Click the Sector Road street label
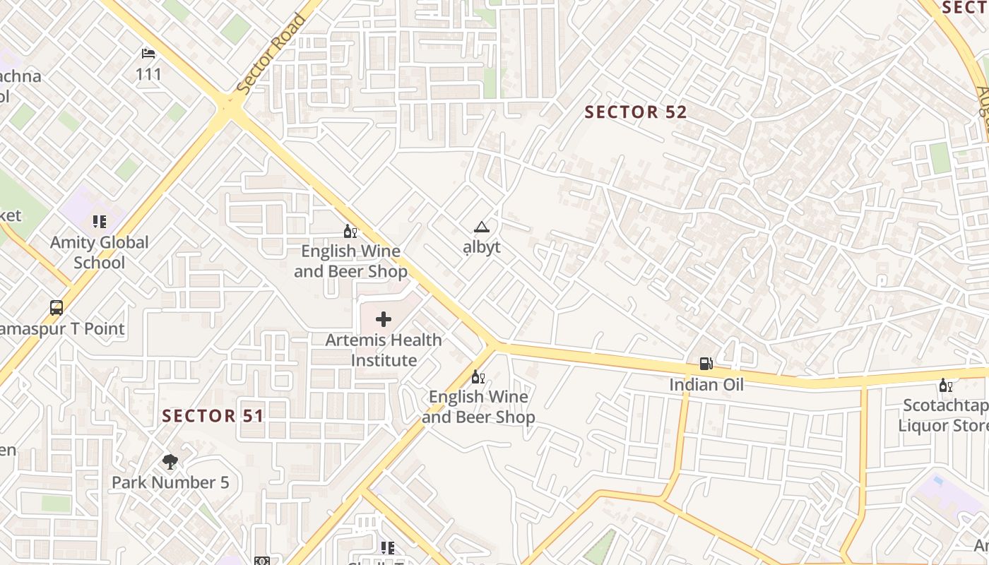[271, 54]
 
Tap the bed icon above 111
[148, 54]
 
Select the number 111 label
[149, 74]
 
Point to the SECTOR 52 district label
[636, 112]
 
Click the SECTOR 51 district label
[213, 415]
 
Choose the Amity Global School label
[100, 252]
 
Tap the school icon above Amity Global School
[100, 222]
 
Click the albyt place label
[482, 246]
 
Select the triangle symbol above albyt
[482, 227]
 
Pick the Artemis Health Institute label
[384, 350]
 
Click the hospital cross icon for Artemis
[384, 319]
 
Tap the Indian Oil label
[706, 385]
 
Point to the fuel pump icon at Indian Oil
[706, 364]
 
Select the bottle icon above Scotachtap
[944, 386]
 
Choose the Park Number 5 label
[170, 482]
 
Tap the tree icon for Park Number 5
[170, 462]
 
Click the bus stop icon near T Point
[57, 308]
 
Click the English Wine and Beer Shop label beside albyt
[350, 261]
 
